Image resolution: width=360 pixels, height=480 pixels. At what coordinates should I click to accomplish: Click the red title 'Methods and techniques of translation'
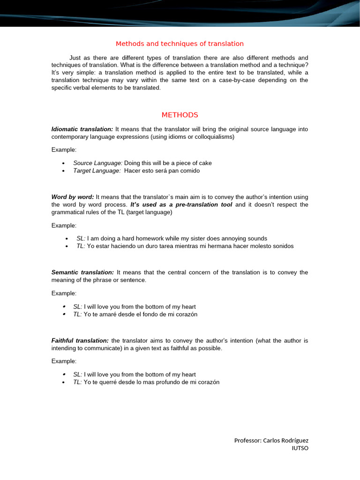(x=180, y=44)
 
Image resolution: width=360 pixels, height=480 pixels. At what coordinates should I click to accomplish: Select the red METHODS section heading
(x=180, y=115)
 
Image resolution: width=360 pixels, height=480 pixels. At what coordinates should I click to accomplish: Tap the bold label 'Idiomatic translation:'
(x=82, y=129)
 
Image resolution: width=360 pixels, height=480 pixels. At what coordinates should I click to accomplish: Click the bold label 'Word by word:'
(x=73, y=197)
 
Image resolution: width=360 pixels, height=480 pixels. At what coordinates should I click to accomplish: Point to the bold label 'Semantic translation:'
(x=82, y=272)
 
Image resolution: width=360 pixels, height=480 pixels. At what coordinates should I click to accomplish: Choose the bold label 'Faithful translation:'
(x=80, y=340)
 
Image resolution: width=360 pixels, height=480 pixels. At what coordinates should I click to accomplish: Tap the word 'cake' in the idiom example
(x=205, y=163)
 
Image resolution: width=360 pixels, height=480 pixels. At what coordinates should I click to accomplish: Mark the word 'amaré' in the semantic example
(x=109, y=314)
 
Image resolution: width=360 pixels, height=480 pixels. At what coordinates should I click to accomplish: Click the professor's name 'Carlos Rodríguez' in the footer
(x=286, y=441)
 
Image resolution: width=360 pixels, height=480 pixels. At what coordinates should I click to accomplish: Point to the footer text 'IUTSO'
(x=300, y=448)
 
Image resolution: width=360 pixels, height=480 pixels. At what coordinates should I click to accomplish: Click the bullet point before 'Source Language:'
(x=63, y=163)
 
